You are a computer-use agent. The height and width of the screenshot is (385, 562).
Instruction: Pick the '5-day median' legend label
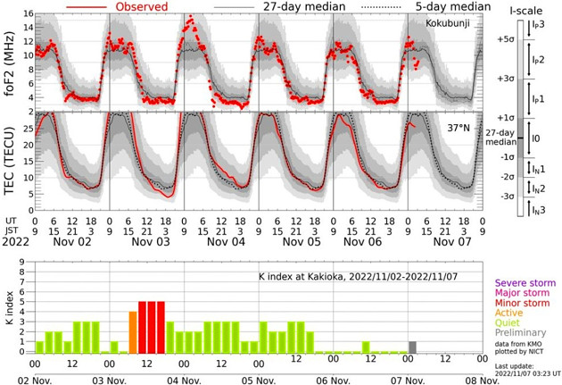[443, 5]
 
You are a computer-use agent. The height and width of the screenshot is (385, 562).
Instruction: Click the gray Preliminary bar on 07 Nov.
[412, 347]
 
